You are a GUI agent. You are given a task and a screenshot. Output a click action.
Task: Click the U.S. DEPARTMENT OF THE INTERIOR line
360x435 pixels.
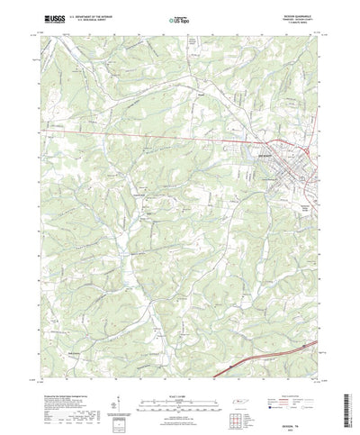coord(100,14)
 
